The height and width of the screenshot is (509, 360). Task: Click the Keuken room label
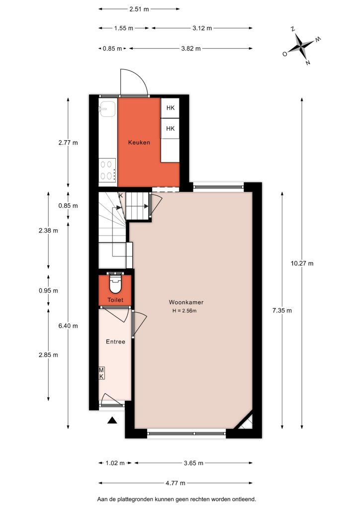point(139,142)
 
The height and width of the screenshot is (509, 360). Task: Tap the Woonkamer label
point(186,302)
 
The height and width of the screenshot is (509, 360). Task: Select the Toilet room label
point(115,300)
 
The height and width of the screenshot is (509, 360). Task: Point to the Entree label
point(115,341)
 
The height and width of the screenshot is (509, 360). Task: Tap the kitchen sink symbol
point(107,109)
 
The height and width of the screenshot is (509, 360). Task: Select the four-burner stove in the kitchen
point(107,170)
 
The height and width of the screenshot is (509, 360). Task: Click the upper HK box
point(170,108)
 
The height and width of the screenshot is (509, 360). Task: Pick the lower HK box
point(170,129)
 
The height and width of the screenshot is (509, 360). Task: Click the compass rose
point(301,46)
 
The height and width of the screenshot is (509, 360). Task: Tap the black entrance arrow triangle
point(112,421)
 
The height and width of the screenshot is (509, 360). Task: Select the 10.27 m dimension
point(302,263)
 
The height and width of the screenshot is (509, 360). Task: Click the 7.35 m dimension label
point(282,310)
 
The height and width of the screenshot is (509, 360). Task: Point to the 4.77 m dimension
point(176,483)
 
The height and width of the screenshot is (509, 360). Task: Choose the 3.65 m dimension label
point(193,463)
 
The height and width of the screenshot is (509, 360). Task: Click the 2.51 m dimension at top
point(139,9)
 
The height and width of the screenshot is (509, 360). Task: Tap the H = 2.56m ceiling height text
point(184,311)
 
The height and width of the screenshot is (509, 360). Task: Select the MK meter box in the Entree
point(101,373)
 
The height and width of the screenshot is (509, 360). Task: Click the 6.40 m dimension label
point(68,326)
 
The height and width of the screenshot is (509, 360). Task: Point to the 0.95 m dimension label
point(48,290)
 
